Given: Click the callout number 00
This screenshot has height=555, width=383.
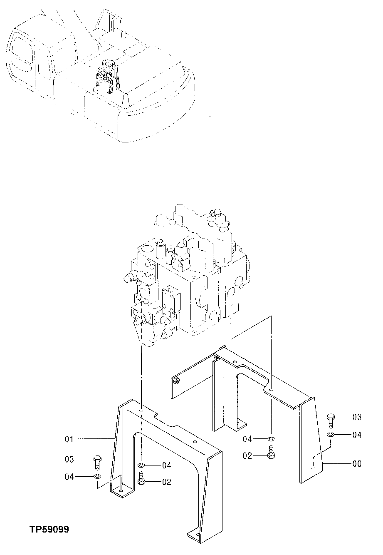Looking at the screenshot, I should coord(357,463).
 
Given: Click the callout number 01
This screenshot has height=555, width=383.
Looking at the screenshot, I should coord(69,439).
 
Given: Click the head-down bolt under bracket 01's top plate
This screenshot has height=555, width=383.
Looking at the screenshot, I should coord(141,480).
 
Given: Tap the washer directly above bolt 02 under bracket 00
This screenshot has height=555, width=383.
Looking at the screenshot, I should coord(271,439).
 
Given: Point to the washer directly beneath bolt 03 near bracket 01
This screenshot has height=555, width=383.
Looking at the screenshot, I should coord(96,476).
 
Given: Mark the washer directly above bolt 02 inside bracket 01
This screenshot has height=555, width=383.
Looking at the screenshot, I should coord(141,465).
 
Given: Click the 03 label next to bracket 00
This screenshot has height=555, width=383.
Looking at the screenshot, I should coord(357,417).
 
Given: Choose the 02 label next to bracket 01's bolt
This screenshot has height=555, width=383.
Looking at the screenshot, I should coord(167,482).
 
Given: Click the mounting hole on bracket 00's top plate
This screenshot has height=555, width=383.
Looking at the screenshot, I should coord(271,390).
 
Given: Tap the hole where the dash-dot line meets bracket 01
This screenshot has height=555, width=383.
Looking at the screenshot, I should coord(142,410).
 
